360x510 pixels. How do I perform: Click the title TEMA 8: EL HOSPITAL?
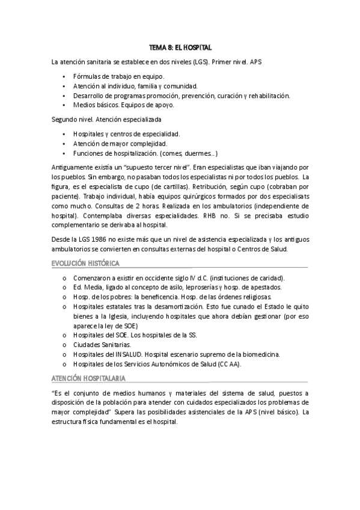pyautogui.click(x=180, y=47)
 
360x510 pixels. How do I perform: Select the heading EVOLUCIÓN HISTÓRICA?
pyautogui.click(x=85, y=263)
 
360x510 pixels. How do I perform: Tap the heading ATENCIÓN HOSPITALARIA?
pyautogui.click(x=88, y=377)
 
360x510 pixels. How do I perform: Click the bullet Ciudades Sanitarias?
pyautogui.click(x=100, y=345)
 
